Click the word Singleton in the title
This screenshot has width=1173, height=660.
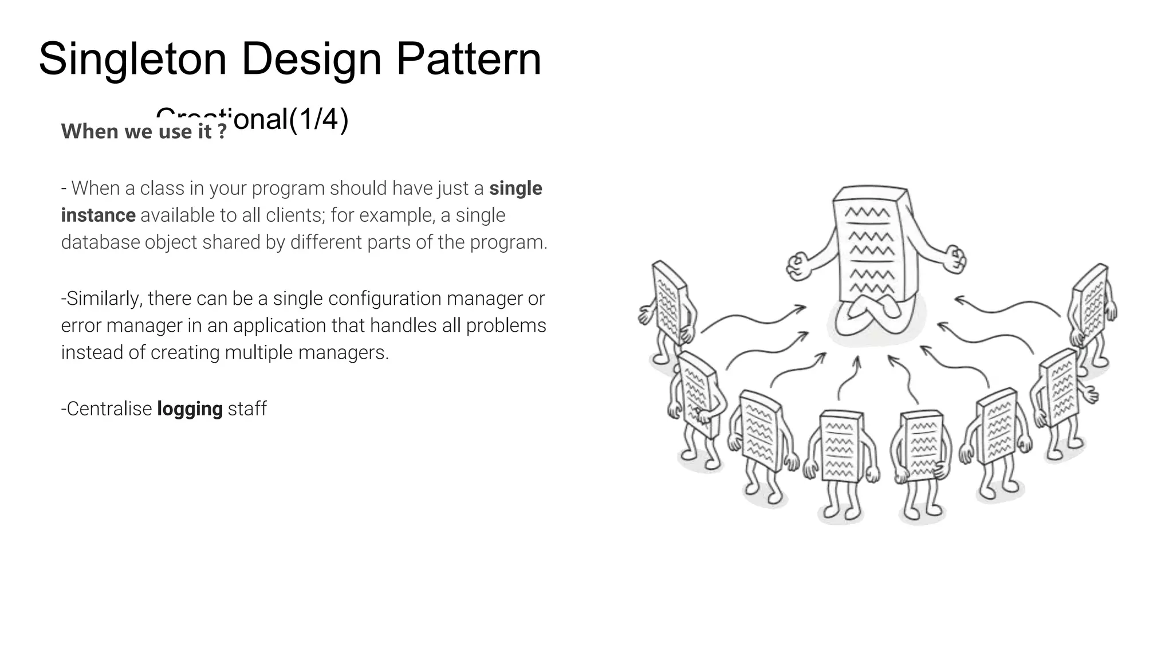point(132,60)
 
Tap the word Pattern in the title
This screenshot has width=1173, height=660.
point(468,58)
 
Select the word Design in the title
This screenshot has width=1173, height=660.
point(311,60)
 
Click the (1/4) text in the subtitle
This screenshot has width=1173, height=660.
point(318,119)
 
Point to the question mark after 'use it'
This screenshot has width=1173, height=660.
point(222,132)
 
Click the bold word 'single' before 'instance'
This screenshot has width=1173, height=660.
point(515,188)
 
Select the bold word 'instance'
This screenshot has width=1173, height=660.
point(98,215)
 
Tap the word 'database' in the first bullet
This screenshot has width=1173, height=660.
point(100,242)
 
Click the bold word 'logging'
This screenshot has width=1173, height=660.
point(190,409)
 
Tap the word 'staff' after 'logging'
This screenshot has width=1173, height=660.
point(247,409)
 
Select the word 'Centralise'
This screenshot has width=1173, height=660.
point(109,409)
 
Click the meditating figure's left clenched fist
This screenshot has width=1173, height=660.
point(797,267)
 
